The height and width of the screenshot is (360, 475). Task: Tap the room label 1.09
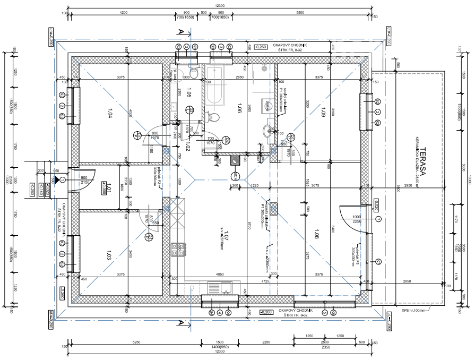[x=323, y=112]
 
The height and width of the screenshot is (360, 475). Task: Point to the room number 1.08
[x=317, y=233]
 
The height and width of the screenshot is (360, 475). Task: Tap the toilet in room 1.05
[x=193, y=73]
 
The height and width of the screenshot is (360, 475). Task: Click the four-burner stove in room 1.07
[x=178, y=250]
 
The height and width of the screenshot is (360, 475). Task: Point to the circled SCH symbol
[x=235, y=176]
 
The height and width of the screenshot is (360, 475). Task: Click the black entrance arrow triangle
[x=56, y=180]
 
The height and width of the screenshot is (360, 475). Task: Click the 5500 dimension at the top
[x=300, y=12]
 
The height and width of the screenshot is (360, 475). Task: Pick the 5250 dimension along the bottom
[x=136, y=342]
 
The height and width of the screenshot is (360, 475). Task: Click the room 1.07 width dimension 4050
[x=219, y=275]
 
